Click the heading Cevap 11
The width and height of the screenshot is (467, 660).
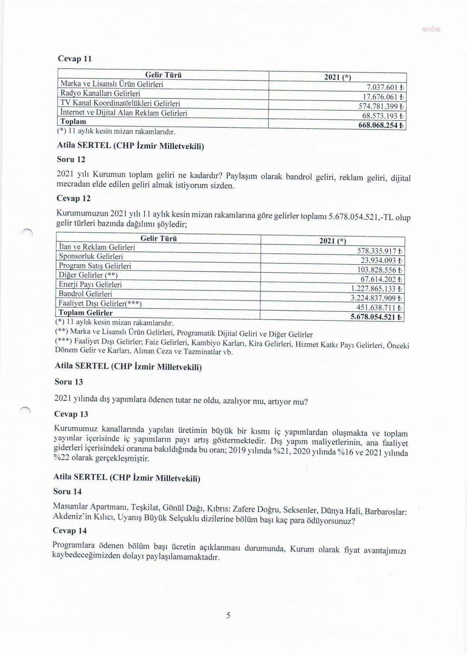(74, 59)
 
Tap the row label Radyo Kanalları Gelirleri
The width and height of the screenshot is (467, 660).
(100, 93)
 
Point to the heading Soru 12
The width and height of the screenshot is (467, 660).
(71, 159)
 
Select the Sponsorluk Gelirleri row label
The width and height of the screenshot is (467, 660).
(91, 256)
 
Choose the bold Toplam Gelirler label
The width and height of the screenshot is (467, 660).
(86, 313)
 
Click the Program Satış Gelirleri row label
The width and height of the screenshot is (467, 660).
(95, 266)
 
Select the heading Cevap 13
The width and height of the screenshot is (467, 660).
(71, 414)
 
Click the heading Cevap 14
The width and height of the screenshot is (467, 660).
(70, 530)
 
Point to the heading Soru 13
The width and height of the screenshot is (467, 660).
(69, 382)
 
